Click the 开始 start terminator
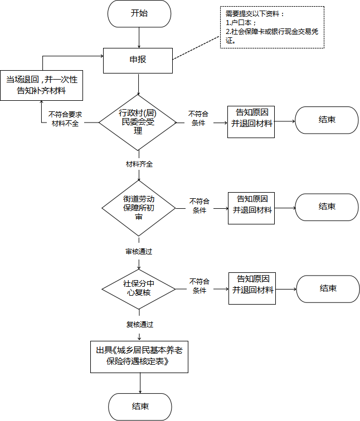point(139,13)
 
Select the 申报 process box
point(138,61)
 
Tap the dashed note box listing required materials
point(272,27)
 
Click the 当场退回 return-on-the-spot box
point(42,85)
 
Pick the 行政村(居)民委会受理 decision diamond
point(138,123)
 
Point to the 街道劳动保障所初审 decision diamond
point(139,208)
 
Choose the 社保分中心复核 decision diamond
point(139,289)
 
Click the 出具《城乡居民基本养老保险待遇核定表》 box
point(139,357)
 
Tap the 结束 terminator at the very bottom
point(140,407)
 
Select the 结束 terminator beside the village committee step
point(327,120)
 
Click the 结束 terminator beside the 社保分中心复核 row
point(328,289)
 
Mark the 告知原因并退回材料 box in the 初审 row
point(251,208)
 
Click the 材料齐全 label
point(139,164)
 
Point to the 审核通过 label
point(139,252)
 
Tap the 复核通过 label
point(140,325)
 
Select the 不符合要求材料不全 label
point(65,119)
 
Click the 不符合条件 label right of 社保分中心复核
point(200,286)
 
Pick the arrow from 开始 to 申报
point(139,38)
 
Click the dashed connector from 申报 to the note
point(196,48)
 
